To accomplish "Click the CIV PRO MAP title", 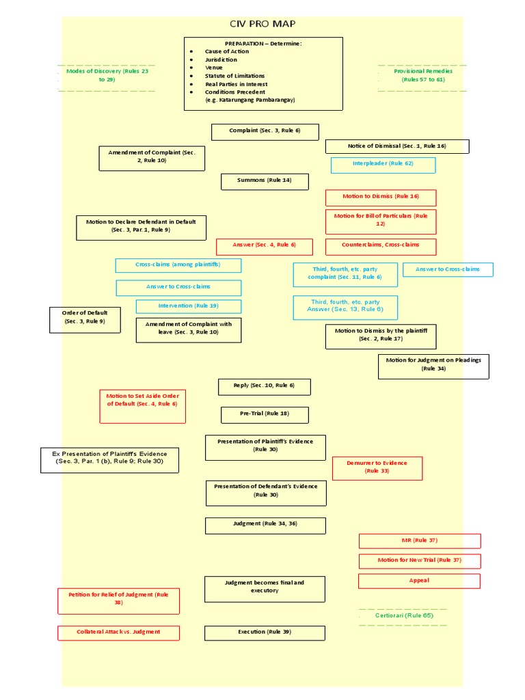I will pos(262,24).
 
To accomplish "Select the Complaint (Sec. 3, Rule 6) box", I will pos(265,131).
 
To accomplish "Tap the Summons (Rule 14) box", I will pos(265,181).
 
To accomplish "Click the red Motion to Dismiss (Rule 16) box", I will pos(381,197).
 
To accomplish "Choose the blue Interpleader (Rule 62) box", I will pos(383,164).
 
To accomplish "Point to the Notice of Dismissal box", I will pos(397,146).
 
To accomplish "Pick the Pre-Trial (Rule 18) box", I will pos(265,414).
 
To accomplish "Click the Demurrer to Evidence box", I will pos(377,468).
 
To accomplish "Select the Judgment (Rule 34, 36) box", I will pos(265,524).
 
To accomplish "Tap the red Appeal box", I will pos(419,581).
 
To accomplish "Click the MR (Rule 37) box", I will pos(420,541).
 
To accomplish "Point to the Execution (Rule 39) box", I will pos(265,632).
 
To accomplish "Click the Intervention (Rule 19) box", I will pos(188,306).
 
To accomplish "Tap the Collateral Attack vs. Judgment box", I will pos(118,632).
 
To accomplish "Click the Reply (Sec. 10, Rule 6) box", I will pos(265,386).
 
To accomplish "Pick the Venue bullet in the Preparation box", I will pos(213,68).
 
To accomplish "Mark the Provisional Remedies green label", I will pos(422,75).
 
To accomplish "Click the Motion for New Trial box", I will pos(420,561).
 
